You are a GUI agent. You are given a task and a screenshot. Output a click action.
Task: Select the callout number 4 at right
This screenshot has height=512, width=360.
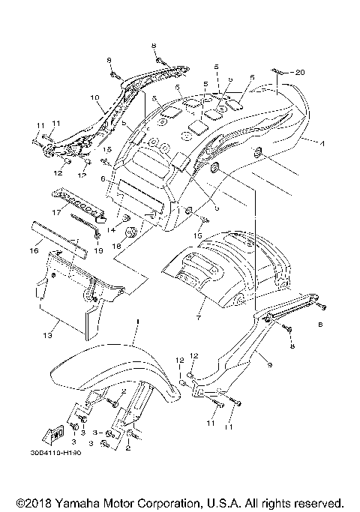coord(321,142)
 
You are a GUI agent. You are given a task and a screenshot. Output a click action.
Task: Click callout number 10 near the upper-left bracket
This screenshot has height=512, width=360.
coord(94,97)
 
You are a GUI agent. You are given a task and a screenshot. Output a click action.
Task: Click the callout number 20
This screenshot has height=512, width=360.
coord(300,73)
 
